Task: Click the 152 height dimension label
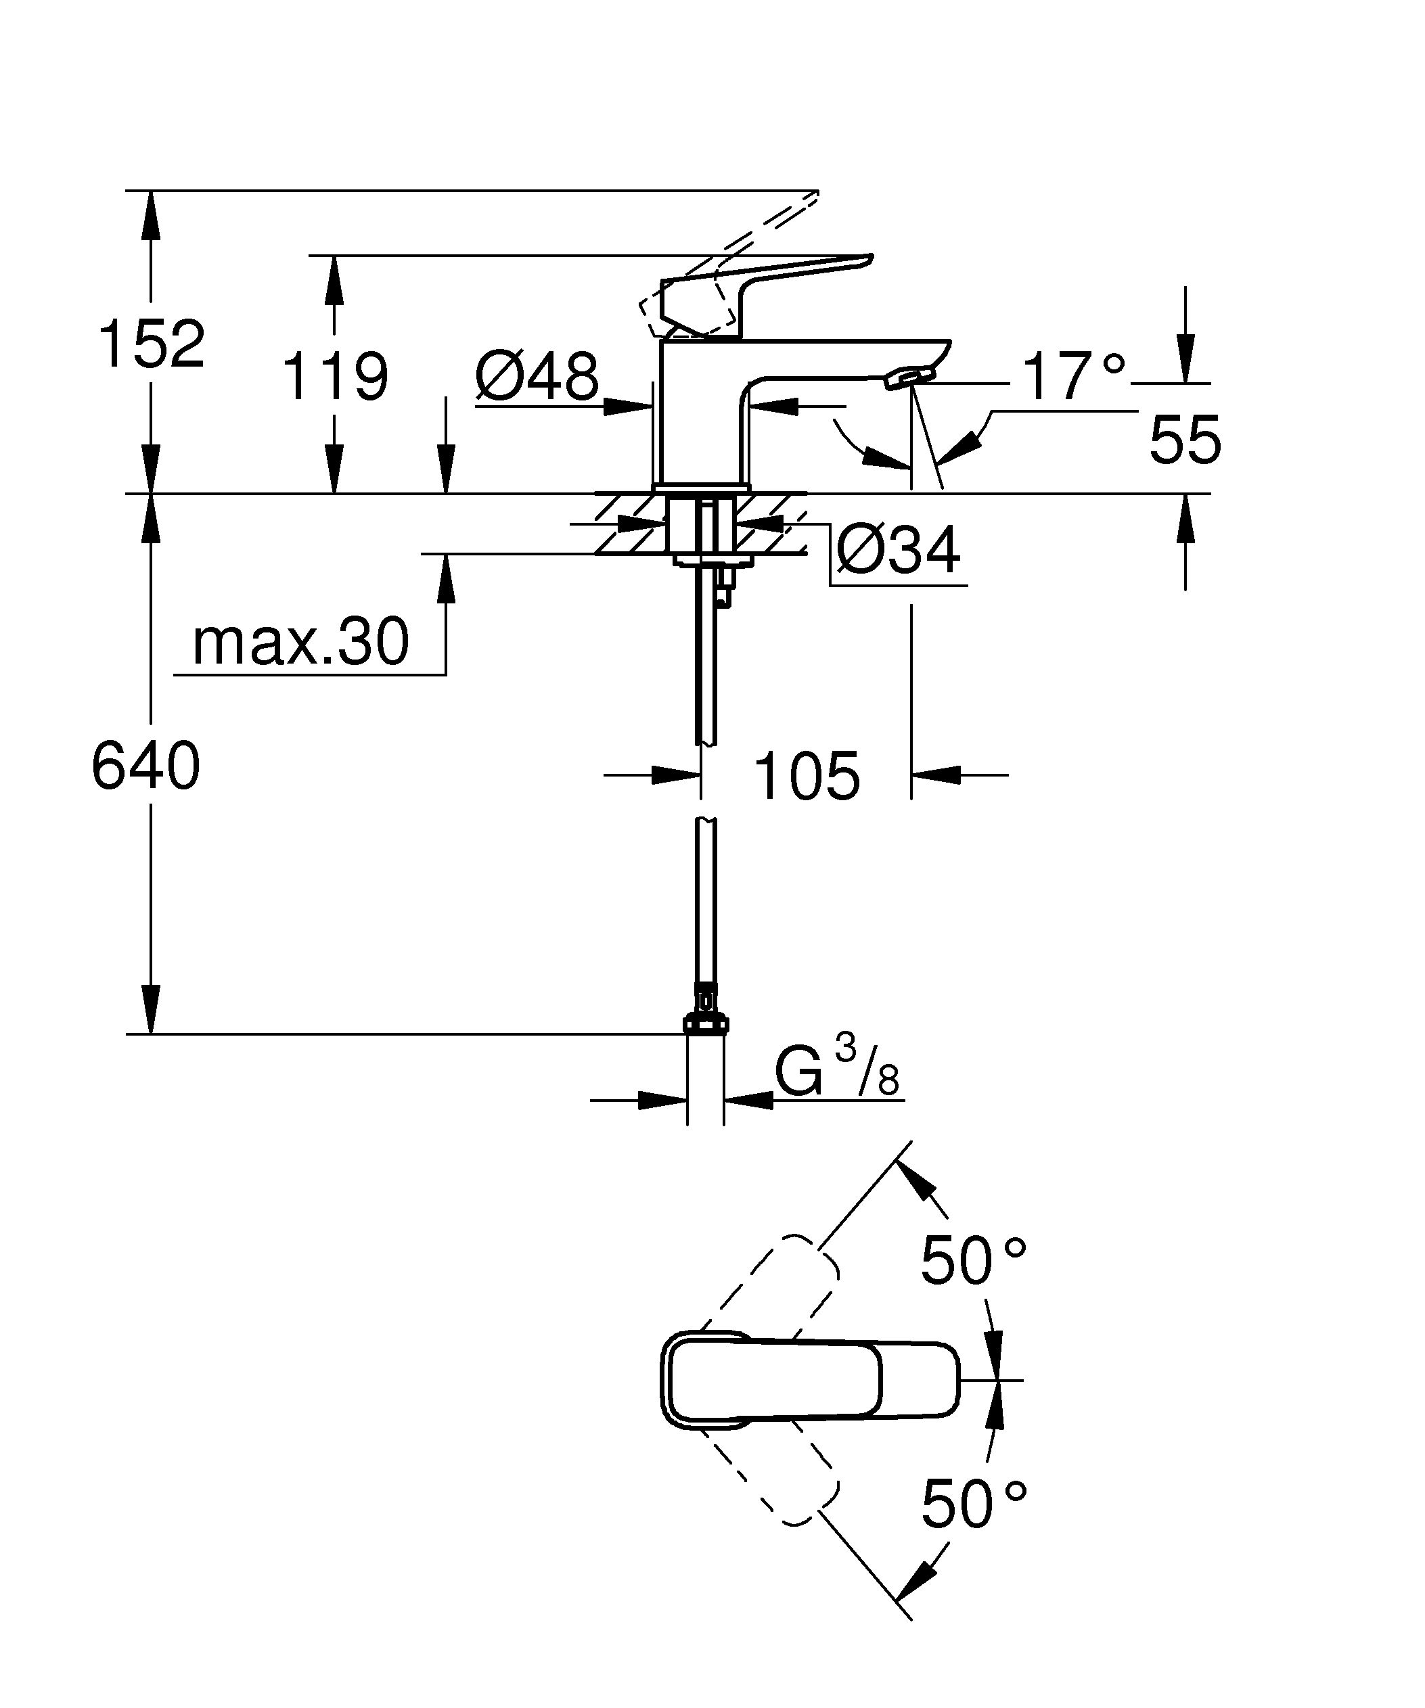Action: pyautogui.click(x=152, y=344)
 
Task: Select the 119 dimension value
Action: pyautogui.click(x=335, y=377)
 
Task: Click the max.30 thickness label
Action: pyautogui.click(x=300, y=642)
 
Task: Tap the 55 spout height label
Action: pyautogui.click(x=1185, y=439)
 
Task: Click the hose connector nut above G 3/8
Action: pyautogui.click(x=707, y=1023)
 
